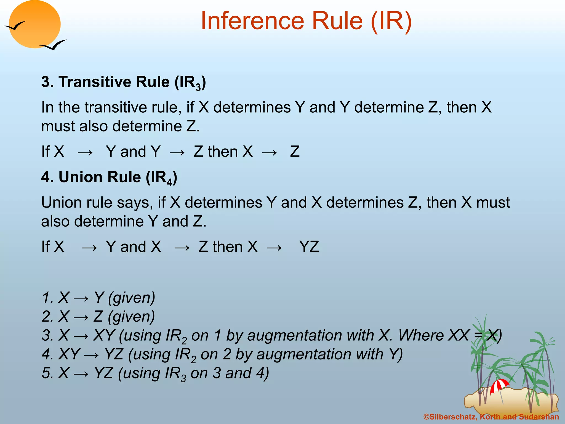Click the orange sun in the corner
pos(34,24)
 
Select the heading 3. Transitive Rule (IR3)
pos(123,82)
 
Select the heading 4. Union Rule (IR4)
pos(109,177)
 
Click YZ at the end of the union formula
pos(309,247)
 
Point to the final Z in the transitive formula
pos(295,152)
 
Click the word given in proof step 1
pos(132,298)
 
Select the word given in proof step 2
pos(131,317)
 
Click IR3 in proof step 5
pos(175,373)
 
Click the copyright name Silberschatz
pos(453,417)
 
